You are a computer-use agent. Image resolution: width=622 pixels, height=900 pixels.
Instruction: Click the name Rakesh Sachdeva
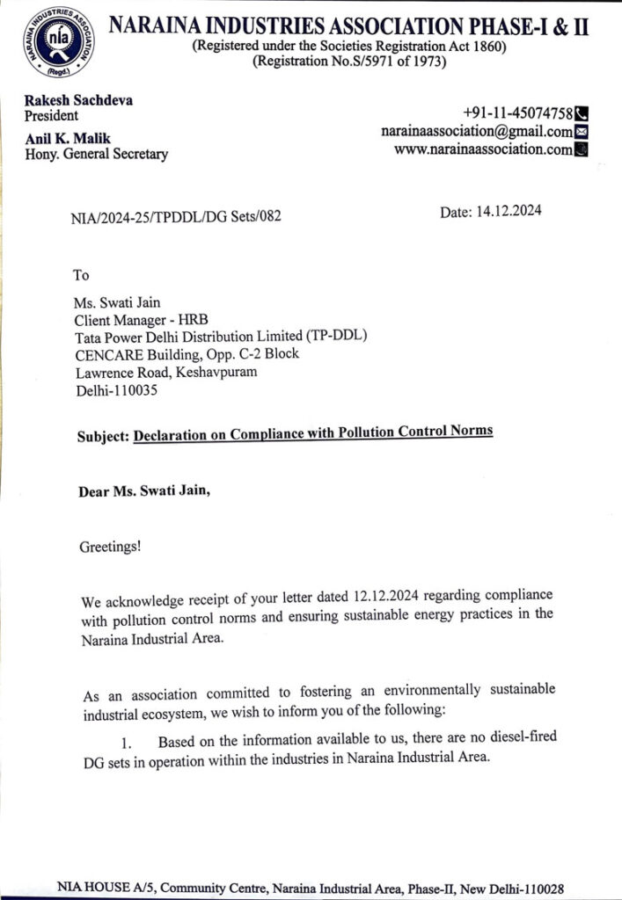point(78,100)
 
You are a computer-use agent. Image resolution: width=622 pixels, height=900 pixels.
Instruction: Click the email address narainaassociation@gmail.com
point(476,131)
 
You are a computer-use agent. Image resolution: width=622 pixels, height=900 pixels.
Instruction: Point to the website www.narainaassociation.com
point(483,149)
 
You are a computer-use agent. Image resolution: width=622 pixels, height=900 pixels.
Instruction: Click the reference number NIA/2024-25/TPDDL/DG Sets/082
point(176,216)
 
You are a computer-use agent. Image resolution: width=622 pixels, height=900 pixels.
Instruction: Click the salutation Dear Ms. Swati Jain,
point(145,491)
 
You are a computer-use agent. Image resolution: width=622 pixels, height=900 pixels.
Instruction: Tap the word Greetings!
point(110,547)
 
